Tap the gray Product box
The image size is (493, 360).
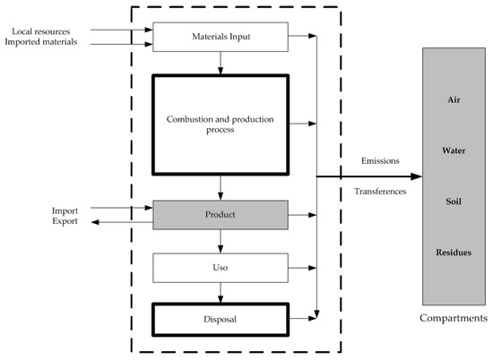tap(221, 215)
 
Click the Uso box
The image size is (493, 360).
tap(221, 266)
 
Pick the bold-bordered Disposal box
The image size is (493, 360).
tap(221, 316)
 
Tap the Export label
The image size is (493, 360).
tap(64, 221)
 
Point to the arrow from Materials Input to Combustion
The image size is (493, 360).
tap(221, 62)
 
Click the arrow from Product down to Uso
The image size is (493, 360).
tap(221, 241)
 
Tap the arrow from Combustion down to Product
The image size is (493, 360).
tap(221, 188)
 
